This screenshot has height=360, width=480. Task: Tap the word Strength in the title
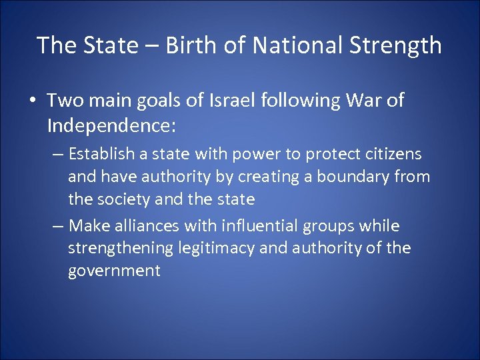click(x=394, y=45)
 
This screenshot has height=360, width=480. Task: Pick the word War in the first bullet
click(x=359, y=101)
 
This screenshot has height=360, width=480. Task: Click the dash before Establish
click(x=58, y=154)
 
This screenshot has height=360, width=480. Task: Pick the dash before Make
click(x=58, y=225)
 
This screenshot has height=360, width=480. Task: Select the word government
click(x=114, y=271)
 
